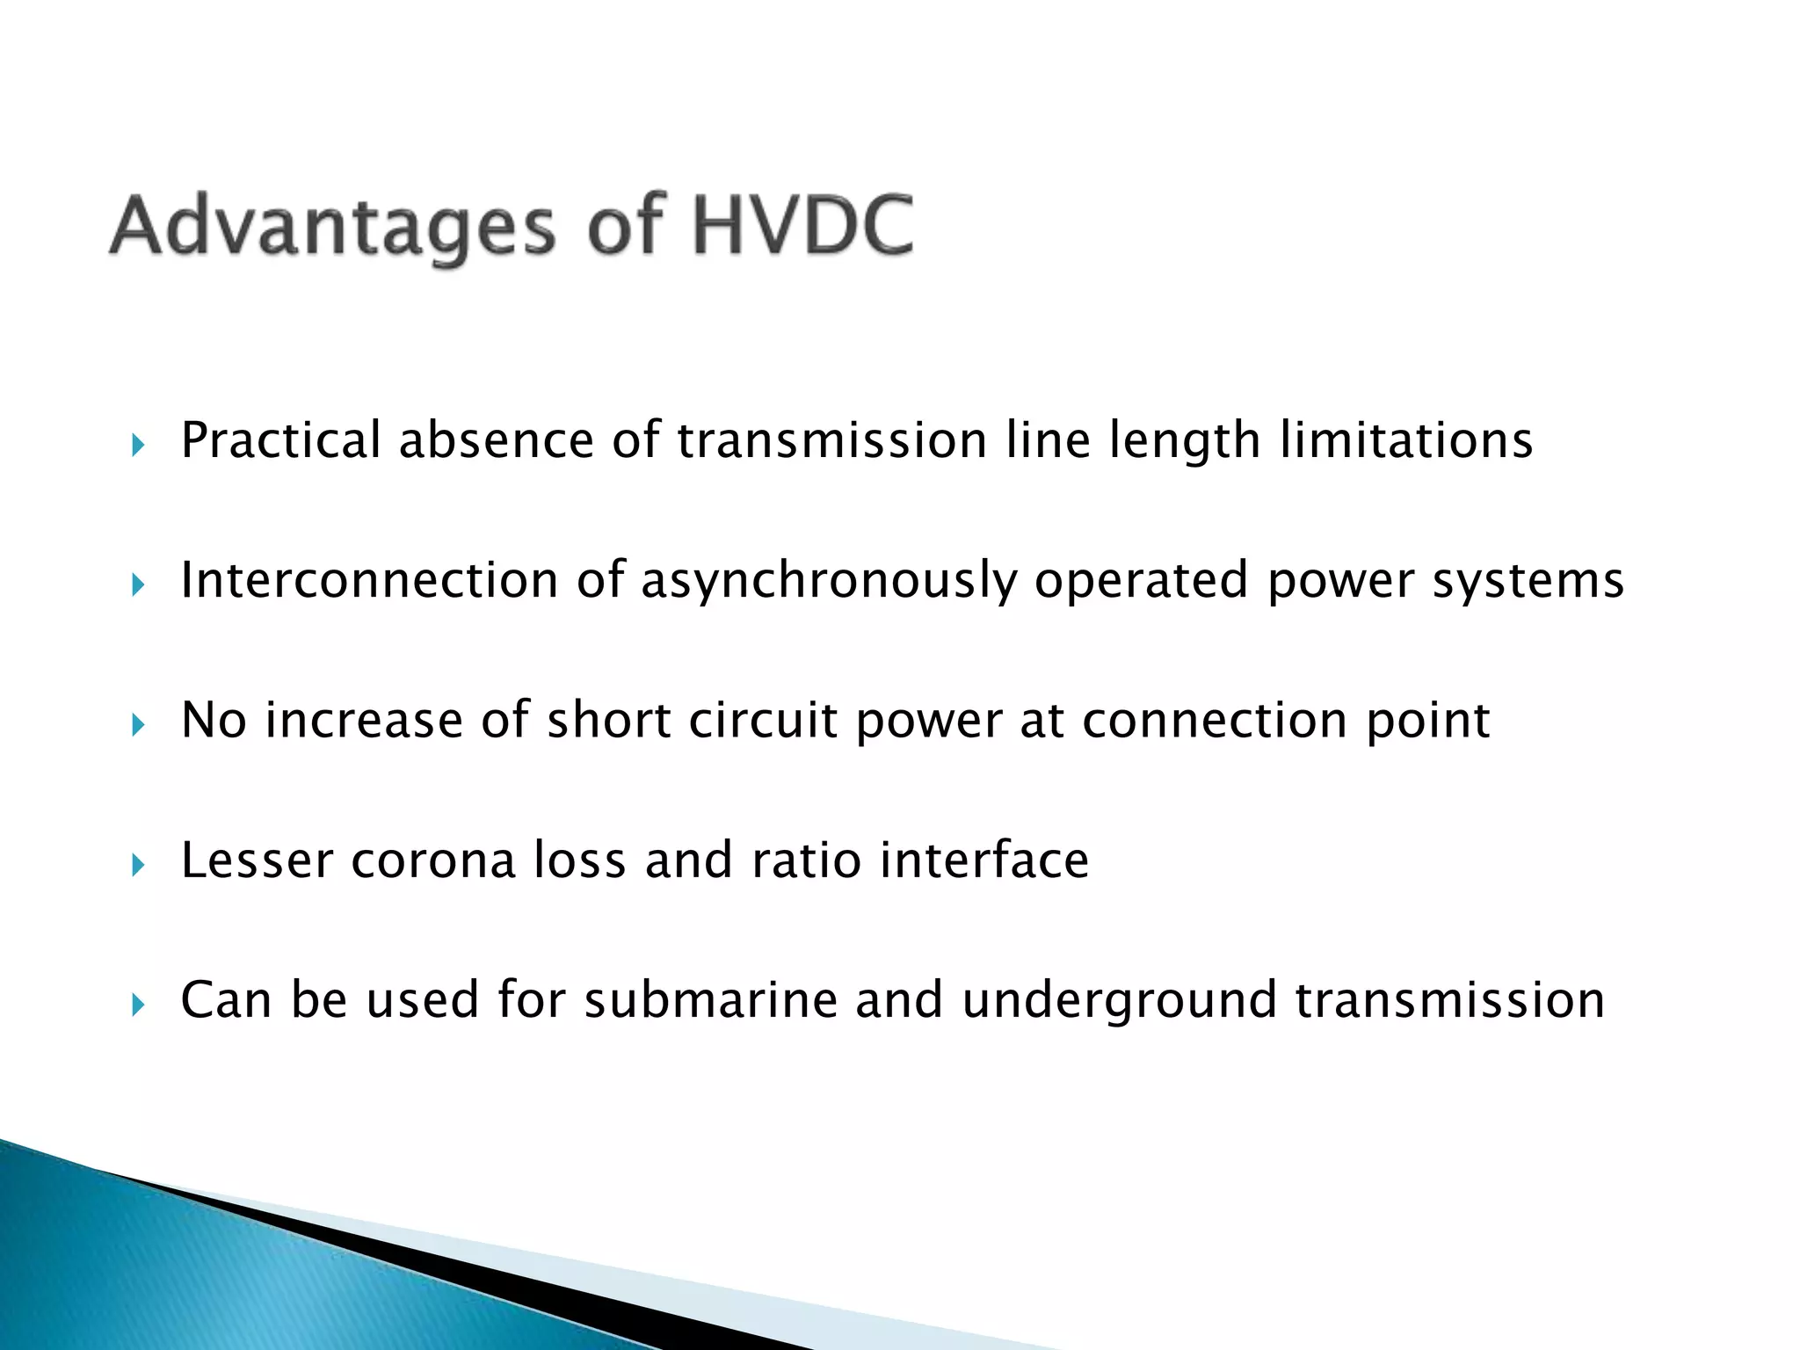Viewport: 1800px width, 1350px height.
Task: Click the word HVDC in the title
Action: point(802,226)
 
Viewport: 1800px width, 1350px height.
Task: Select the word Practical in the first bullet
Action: point(280,440)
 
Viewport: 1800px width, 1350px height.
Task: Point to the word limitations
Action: point(1406,440)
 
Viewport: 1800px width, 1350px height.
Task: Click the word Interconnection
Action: point(369,580)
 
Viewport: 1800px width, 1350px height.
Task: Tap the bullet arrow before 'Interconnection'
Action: point(137,584)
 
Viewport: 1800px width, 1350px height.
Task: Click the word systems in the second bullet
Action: point(1528,582)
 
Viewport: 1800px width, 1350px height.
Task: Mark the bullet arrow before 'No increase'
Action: point(137,725)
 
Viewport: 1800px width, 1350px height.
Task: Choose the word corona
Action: point(433,860)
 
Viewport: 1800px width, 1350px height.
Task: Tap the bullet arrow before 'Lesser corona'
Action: point(137,865)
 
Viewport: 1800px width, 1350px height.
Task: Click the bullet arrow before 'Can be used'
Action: point(137,1005)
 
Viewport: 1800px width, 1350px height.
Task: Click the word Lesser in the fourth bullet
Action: point(257,860)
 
